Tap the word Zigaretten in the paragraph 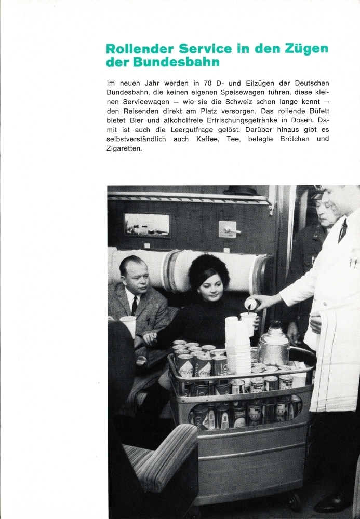click(124, 148)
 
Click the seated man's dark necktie click(134, 305)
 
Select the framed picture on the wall click(147, 225)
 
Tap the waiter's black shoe click(332, 502)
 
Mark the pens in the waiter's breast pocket click(353, 264)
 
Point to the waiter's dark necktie click(342, 230)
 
